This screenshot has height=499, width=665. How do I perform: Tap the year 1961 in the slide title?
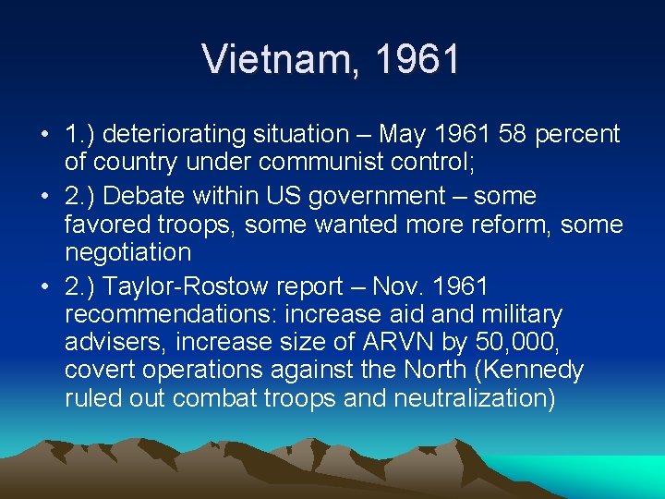coord(417,59)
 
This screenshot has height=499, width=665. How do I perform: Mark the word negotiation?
coord(128,252)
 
